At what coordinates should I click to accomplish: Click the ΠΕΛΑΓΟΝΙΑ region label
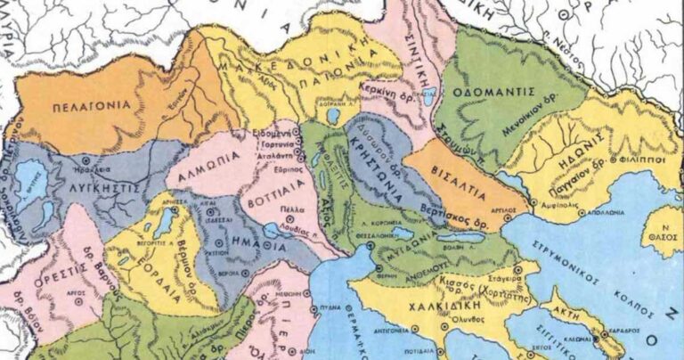[x=79, y=105]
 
